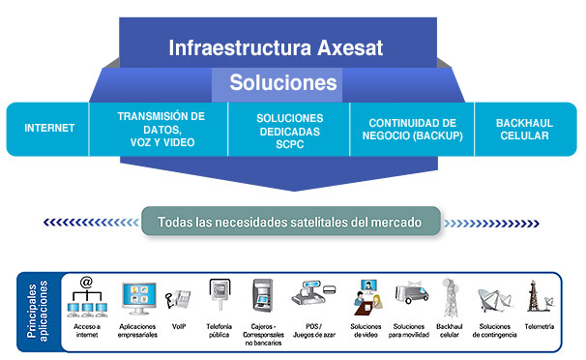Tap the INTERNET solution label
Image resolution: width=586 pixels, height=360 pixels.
pyautogui.click(x=48, y=128)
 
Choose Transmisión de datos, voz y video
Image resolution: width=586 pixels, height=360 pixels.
pyautogui.click(x=161, y=129)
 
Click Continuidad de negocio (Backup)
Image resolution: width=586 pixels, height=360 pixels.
pyautogui.click(x=411, y=129)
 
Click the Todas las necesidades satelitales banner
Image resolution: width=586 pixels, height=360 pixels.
pyautogui.click(x=290, y=222)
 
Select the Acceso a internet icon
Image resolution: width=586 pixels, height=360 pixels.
pyautogui.click(x=86, y=298)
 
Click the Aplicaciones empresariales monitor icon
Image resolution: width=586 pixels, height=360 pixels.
pyautogui.click(x=139, y=298)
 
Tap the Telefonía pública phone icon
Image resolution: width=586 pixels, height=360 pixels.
pyautogui.click(x=219, y=296)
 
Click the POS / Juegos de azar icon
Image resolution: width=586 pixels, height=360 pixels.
pyautogui.click(x=313, y=296)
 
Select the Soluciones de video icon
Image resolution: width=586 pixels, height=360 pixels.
pyautogui.click(x=366, y=298)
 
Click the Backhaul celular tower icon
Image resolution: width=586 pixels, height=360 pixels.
pyautogui.click(x=450, y=296)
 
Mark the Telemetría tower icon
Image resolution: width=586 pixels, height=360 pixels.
pyautogui.click(x=539, y=296)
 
